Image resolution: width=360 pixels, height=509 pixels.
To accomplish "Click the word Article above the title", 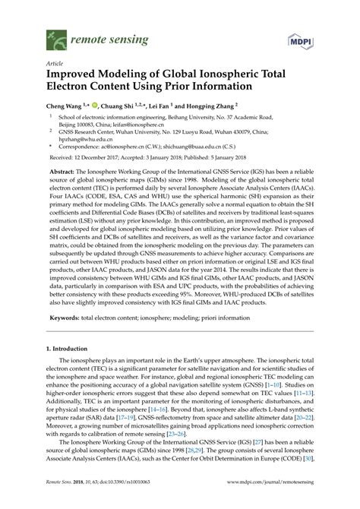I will pyautogui.click(x=55, y=64).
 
